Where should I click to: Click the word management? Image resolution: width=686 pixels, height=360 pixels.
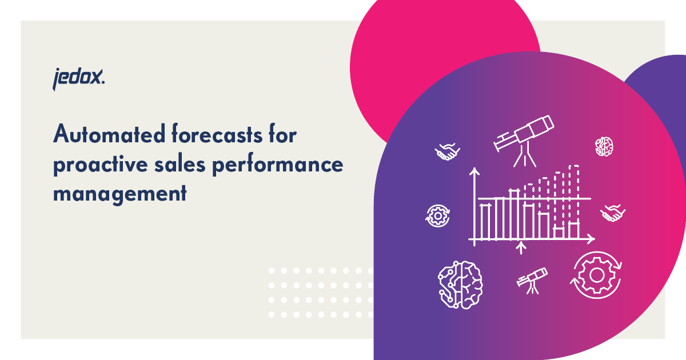click(x=120, y=193)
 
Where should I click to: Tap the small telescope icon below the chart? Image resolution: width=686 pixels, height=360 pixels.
click(x=532, y=279)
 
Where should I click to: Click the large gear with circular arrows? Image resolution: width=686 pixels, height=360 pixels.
click(x=597, y=274)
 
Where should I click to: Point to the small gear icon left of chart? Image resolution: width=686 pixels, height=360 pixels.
click(x=438, y=216)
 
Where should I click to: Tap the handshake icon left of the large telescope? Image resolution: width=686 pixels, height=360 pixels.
click(x=447, y=151)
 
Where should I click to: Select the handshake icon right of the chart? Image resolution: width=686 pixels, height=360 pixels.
click(x=612, y=213)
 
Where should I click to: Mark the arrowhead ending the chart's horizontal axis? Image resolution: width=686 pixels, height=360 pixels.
click(x=592, y=238)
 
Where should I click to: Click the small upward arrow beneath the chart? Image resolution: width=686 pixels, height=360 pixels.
click(x=520, y=247)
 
